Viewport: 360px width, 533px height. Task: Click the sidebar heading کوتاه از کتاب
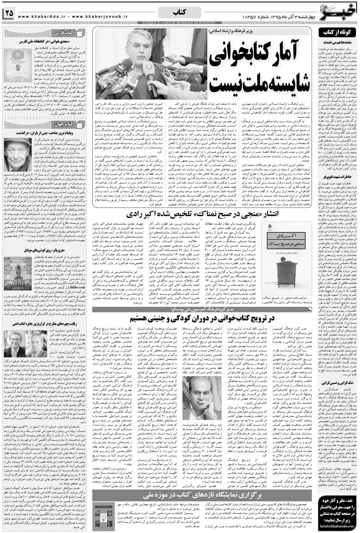click(338, 33)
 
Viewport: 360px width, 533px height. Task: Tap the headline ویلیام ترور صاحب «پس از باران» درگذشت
click(50, 132)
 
